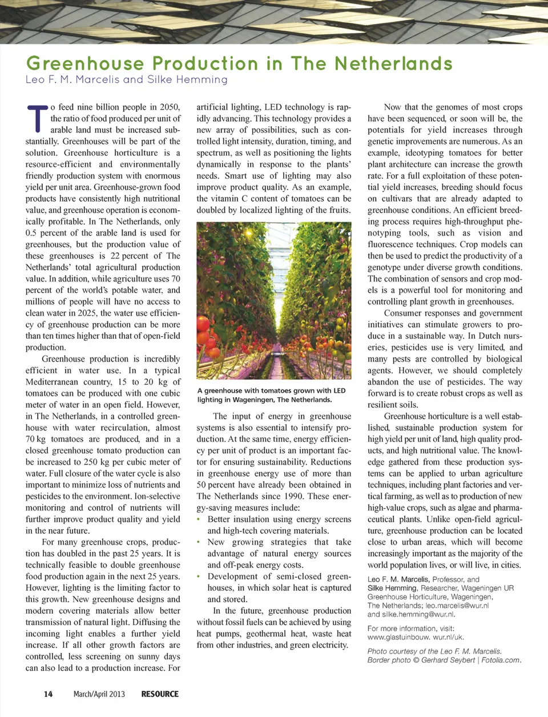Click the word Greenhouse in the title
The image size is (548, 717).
coord(85,63)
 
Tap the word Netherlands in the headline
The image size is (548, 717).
coord(393,63)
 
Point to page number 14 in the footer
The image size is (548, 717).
coord(49,694)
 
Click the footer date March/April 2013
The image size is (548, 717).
coord(99,694)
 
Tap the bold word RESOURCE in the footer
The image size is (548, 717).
coord(160,694)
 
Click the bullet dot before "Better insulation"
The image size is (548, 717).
coord(199,519)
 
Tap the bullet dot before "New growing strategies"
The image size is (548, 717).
coord(199,542)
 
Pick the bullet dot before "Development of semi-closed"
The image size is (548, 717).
coord(199,577)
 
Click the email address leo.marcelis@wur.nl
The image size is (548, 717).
coord(457,606)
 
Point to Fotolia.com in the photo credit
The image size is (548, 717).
coord(502,660)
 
